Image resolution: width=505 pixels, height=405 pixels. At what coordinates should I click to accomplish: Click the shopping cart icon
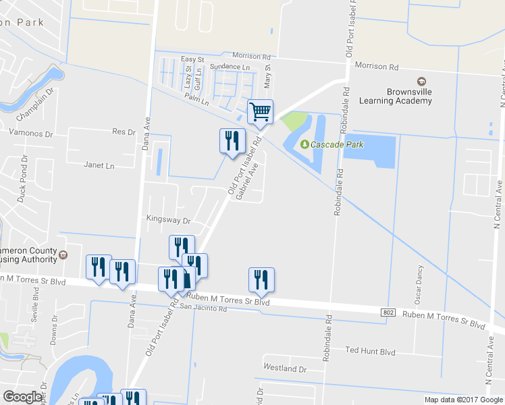[260, 112]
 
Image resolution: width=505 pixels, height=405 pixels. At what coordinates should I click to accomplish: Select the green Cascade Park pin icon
[304, 144]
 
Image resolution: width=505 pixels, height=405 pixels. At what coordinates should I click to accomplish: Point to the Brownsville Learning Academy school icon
[421, 81]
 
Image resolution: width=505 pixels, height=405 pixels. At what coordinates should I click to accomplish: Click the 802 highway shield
[388, 312]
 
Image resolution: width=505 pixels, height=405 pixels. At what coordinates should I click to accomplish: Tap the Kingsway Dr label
[169, 219]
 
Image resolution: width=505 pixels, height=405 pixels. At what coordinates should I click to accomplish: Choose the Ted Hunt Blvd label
[370, 351]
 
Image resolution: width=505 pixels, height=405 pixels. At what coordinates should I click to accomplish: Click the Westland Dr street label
[285, 369]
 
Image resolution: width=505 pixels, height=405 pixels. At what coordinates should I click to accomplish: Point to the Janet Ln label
[99, 165]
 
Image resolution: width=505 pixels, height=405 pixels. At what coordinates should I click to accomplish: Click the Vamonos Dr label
[30, 134]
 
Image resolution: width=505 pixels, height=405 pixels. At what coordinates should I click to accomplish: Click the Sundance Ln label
[230, 67]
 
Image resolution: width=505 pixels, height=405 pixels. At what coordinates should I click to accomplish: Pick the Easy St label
[192, 59]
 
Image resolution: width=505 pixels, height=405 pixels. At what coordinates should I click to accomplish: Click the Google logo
[22, 397]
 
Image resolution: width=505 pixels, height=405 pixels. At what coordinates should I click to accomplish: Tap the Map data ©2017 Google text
[463, 400]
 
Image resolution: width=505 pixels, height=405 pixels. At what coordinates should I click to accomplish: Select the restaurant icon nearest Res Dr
[232, 141]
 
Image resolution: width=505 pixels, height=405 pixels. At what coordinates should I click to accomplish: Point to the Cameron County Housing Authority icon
[63, 255]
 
